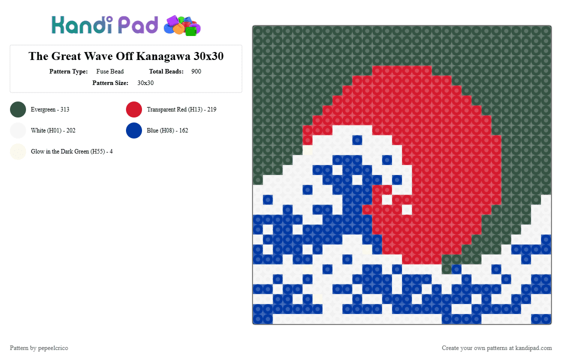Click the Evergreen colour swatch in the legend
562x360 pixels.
tap(18, 109)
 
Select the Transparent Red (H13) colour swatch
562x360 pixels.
tap(134, 109)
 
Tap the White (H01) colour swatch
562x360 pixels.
tap(18, 130)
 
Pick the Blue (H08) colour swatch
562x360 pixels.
tap(134, 130)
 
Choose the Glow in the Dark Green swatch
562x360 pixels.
tap(18, 151)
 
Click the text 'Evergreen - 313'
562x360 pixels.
tap(50, 109)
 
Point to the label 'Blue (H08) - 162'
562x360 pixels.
tap(167, 130)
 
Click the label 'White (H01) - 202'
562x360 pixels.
tap(53, 130)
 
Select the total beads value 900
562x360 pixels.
tap(196, 71)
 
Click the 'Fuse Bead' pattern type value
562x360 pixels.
tap(110, 71)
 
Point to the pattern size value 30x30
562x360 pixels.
tap(145, 83)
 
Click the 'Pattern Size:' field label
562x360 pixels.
tap(110, 83)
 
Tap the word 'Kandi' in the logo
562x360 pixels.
tap(82, 25)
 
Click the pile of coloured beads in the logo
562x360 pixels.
tap(182, 26)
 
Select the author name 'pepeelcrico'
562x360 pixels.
tap(53, 348)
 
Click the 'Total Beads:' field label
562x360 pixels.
tap(166, 71)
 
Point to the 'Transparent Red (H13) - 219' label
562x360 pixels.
tap(181, 109)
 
